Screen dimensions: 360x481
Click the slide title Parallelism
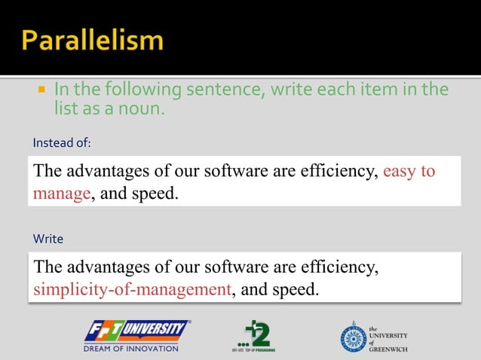click(91, 40)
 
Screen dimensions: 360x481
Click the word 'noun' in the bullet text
click(143, 108)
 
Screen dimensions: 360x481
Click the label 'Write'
click(47, 239)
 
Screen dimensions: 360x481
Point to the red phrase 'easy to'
click(409, 171)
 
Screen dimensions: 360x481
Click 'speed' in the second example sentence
click(294, 289)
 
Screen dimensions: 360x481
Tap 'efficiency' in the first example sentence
click(338, 171)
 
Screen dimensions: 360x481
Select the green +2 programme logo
click(253, 335)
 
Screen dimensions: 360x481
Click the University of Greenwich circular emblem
click(353, 336)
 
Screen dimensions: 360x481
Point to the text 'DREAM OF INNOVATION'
click(131, 348)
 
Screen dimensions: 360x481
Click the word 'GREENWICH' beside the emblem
click(388, 349)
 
